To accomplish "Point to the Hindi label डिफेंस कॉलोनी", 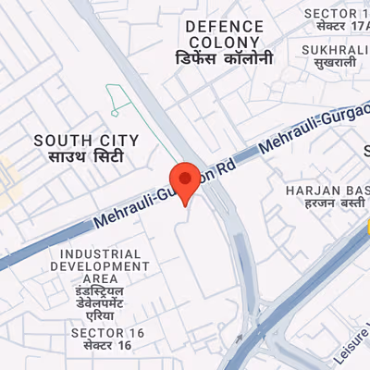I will click(225, 57).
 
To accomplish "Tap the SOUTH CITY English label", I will click(86, 141).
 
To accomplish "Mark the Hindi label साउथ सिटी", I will click(86, 157).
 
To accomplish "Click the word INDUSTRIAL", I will click(101, 253).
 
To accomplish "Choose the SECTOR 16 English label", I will click(101, 331).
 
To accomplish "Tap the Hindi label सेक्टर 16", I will click(101, 345).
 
